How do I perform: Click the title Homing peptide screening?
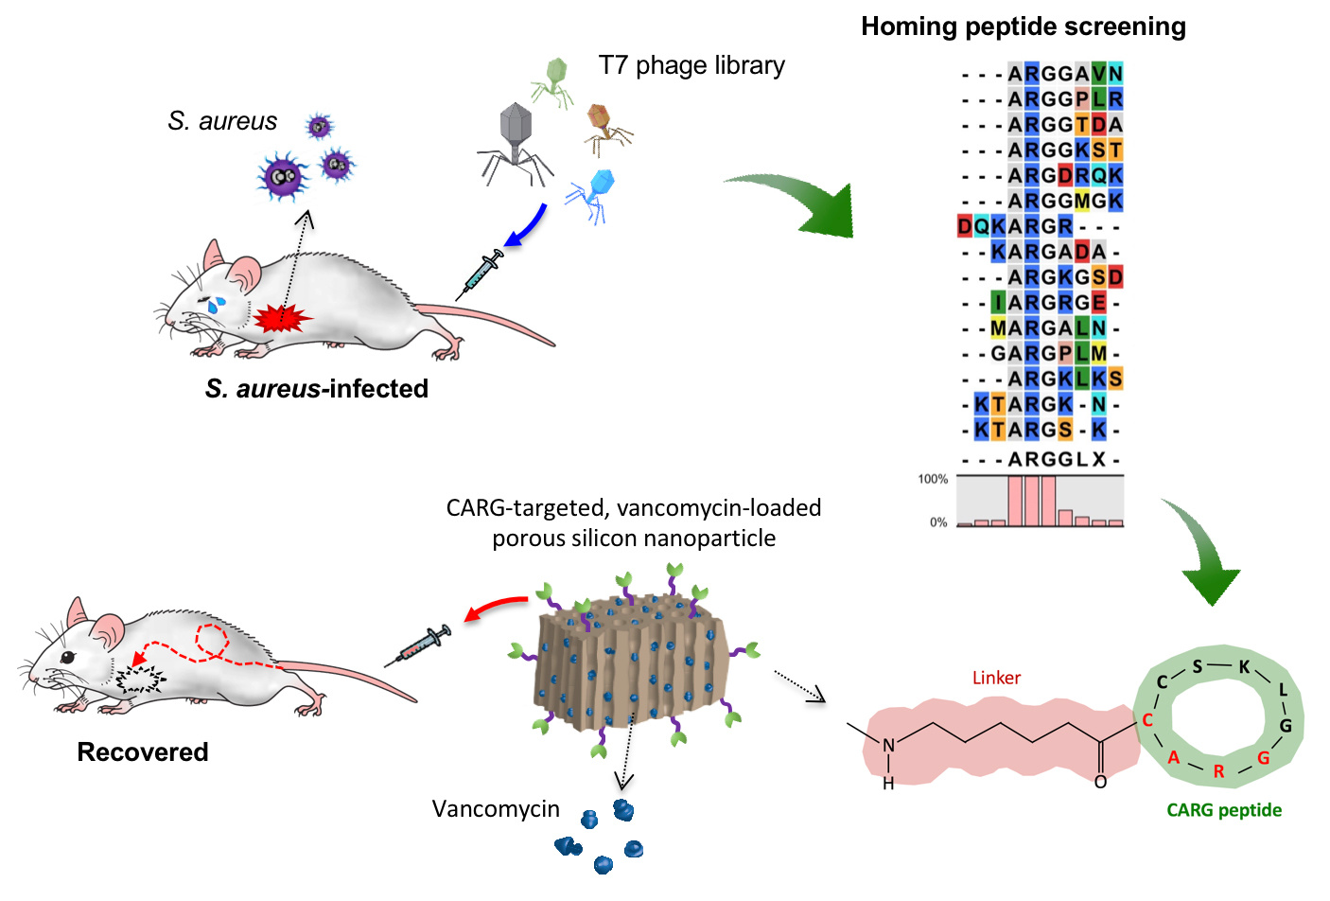click(1023, 26)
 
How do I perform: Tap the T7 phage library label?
click(691, 65)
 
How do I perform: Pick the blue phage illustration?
click(593, 194)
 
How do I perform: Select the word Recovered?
click(143, 752)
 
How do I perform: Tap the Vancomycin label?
click(496, 809)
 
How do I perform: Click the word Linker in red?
click(996, 678)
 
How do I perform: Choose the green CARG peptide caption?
click(1224, 810)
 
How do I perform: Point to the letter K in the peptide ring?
click(1245, 667)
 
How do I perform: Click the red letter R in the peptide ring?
click(1218, 771)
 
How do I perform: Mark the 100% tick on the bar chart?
click(933, 479)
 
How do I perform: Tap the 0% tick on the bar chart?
click(937, 522)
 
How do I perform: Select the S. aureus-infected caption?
click(317, 389)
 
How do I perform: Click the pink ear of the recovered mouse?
click(108, 629)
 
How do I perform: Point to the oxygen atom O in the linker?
click(1100, 782)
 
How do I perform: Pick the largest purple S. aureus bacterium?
click(283, 176)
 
